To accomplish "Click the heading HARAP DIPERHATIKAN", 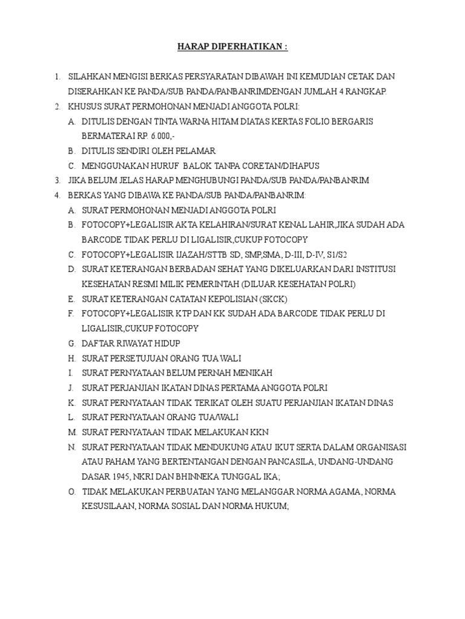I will pyautogui.click(x=232, y=47).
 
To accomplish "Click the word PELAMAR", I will pyautogui.click(x=195, y=151).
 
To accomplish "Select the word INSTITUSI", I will pyautogui.click(x=378, y=269).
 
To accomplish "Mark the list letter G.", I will pyautogui.click(x=71, y=343).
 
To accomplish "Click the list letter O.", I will pyautogui.click(x=71, y=491).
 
